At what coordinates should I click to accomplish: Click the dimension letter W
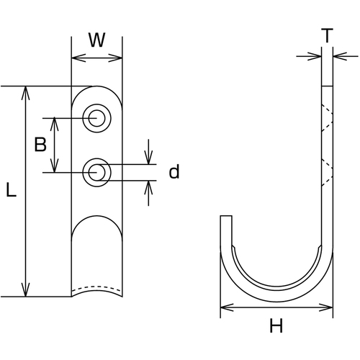[x=97, y=40]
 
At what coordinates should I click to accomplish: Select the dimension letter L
[x=11, y=190]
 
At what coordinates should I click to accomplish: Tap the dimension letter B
[x=40, y=144]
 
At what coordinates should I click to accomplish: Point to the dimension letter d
[x=174, y=171]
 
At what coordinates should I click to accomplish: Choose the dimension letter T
[x=327, y=35]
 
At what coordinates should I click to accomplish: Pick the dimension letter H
[x=276, y=325]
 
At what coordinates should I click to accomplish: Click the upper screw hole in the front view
[x=96, y=118]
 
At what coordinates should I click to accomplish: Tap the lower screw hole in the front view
[x=96, y=172]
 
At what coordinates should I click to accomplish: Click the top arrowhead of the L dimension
[x=25, y=93]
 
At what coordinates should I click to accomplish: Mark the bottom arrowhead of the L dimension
[x=25, y=289]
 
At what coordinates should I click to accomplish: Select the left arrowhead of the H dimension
[x=227, y=307]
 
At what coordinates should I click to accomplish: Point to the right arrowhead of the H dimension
[x=326, y=307]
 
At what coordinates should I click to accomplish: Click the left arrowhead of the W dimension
[x=78, y=58]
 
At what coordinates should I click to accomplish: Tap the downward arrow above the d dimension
[x=148, y=152]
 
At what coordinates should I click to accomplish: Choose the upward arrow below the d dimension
[x=148, y=193]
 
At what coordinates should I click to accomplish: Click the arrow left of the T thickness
[x=309, y=56]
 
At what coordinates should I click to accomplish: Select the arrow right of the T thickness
[x=346, y=56]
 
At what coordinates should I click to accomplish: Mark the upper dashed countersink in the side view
[x=327, y=118]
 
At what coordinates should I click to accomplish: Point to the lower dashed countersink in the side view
[x=327, y=172]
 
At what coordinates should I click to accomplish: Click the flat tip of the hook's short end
[x=226, y=216]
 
